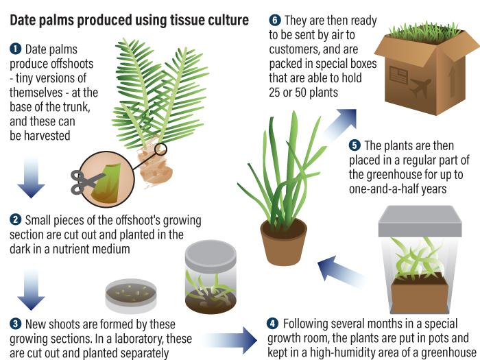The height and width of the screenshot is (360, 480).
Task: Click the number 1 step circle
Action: pyautogui.click(x=15, y=49)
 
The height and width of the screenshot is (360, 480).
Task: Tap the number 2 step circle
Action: pyautogui.click(x=15, y=220)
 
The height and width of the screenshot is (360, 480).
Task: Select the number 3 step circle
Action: pyautogui.click(x=15, y=324)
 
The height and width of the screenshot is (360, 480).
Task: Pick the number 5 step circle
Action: pyautogui.click(x=354, y=145)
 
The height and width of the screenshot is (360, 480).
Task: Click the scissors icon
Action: pyautogui.click(x=88, y=181)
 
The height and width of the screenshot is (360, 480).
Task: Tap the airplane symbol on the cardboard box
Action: pyautogui.click(x=420, y=87)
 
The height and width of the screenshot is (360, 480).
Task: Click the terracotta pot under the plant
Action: pyautogui.click(x=284, y=242)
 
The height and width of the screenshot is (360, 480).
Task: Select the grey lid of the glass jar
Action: pyautogui.click(x=211, y=252)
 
